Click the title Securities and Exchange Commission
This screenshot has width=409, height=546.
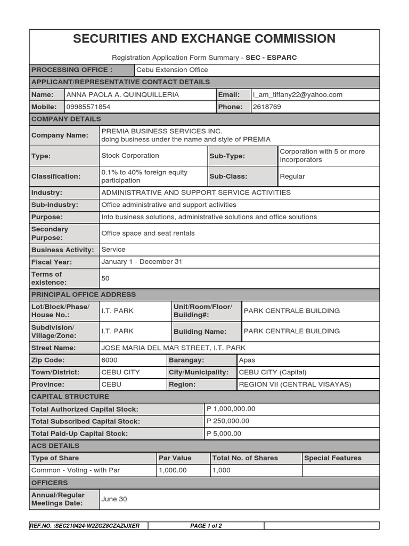tap(204, 39)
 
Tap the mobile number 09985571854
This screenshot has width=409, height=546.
tap(88, 107)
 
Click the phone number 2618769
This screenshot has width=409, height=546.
tap(267, 107)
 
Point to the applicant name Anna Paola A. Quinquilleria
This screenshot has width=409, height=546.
tap(122, 95)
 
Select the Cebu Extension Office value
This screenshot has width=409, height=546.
tap(172, 70)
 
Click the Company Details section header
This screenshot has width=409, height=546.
tap(66, 119)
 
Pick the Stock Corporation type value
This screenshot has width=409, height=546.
tap(130, 156)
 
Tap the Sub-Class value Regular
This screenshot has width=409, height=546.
tap(292, 176)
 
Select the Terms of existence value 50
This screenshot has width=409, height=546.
tap(105, 278)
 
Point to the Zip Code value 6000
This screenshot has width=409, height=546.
tap(109, 360)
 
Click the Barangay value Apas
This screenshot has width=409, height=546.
tap(247, 360)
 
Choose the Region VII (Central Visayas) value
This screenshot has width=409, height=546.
tap(295, 384)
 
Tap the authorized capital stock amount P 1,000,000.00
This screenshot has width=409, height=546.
tap(231, 409)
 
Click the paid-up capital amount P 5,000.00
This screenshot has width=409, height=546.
tap(224, 433)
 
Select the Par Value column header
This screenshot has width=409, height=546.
tap(175, 458)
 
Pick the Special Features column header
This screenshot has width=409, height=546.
tap(332, 458)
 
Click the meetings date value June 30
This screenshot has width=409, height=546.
tap(114, 500)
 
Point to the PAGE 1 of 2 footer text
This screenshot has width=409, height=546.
tap(206, 526)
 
